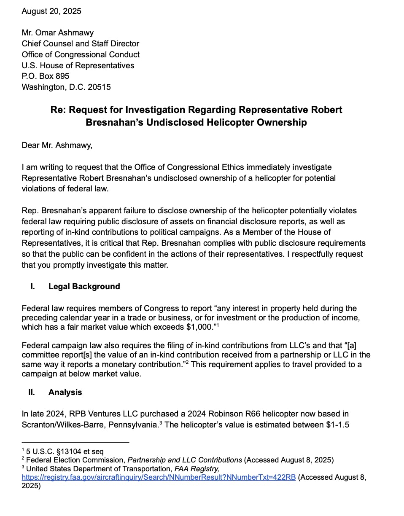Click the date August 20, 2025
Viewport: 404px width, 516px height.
(x=51, y=11)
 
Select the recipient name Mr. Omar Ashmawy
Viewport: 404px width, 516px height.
(x=58, y=32)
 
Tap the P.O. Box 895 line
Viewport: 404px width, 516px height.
(x=46, y=76)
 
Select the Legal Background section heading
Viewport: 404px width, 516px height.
(x=84, y=287)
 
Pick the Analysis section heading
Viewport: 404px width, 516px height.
(x=65, y=392)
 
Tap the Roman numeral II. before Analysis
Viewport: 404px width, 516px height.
(x=32, y=392)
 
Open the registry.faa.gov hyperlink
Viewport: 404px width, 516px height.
(x=159, y=477)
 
